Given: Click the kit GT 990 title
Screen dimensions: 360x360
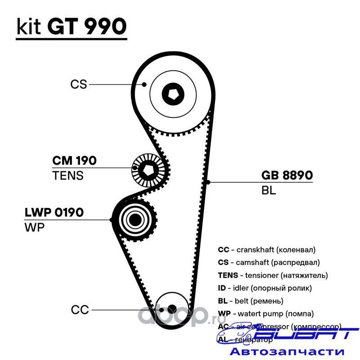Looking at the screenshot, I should [71, 27].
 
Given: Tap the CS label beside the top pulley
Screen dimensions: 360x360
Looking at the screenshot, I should [78, 84].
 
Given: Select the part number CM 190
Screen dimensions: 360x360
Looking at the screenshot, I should [74, 161].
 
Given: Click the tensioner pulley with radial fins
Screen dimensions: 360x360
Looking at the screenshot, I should [148, 171].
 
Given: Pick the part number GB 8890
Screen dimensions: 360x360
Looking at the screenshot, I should [287, 175].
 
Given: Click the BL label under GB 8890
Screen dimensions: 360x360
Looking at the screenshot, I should [268, 190].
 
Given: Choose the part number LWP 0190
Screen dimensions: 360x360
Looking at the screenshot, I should [54, 212].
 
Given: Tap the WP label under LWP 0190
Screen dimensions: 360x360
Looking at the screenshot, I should [34, 227].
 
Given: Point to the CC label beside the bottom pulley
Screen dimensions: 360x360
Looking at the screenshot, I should [80, 310].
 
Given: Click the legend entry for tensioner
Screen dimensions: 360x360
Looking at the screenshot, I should [272, 275].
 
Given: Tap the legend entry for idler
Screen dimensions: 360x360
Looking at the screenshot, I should [264, 288].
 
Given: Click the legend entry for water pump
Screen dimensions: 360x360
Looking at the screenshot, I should [265, 313].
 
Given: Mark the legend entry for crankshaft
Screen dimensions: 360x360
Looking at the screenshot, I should [267, 249].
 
